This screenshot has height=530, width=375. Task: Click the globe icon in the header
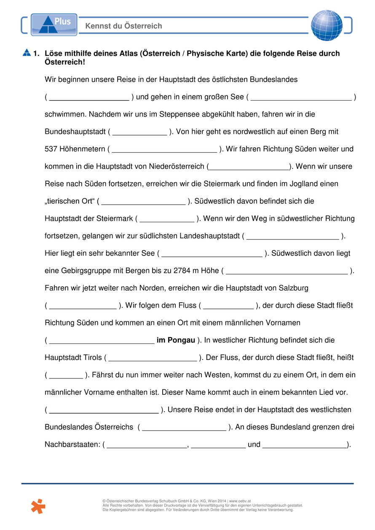coord(327,25)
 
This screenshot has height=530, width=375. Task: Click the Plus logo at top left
coord(54,25)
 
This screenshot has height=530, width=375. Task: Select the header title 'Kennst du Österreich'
coord(123,26)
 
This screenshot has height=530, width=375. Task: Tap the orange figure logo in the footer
coord(38,506)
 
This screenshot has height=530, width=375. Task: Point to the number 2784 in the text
coord(182,271)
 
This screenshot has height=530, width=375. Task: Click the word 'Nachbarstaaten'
coord(72,444)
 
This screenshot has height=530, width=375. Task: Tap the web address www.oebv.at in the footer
coord(240,501)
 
